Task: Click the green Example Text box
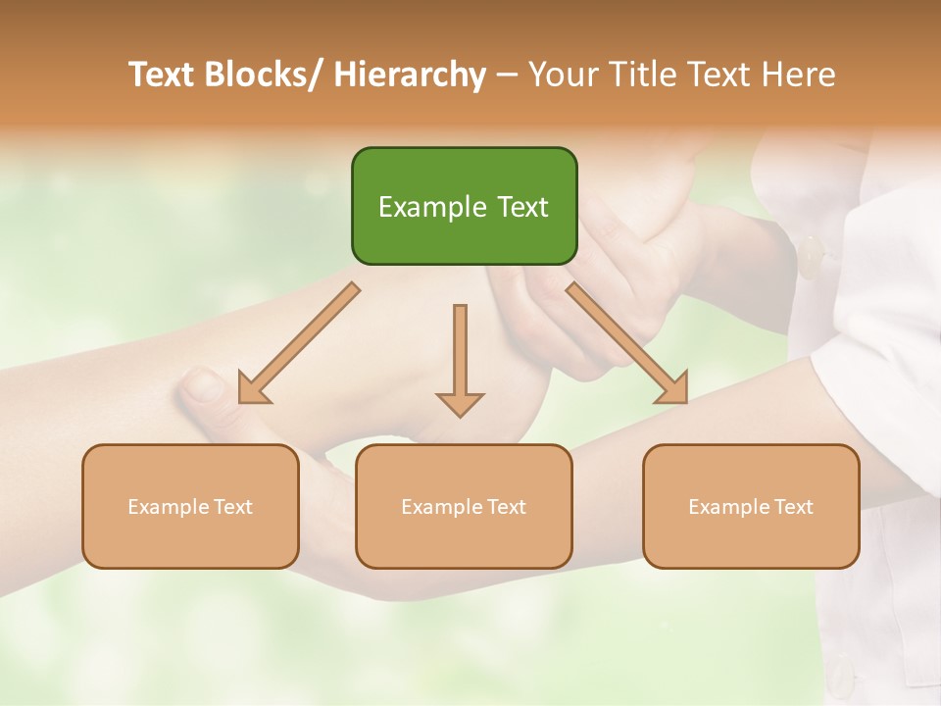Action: point(464,206)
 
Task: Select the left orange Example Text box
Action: point(190,506)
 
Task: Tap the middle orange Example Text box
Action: point(464,506)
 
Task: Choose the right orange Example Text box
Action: point(751,506)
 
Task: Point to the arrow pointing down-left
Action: point(297,344)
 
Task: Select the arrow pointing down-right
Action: point(627,344)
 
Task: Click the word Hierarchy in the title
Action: point(410,76)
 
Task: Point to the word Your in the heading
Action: point(564,76)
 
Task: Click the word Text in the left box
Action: point(232,507)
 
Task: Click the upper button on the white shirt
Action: point(812,257)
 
